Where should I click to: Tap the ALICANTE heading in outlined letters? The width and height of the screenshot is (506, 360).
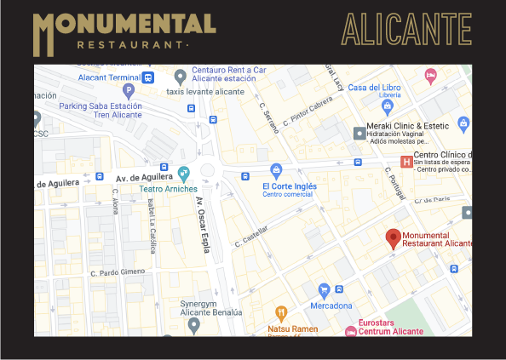click(x=406, y=30)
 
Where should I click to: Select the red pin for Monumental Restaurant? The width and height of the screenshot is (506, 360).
click(x=393, y=238)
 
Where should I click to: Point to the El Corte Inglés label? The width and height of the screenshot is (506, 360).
click(x=289, y=186)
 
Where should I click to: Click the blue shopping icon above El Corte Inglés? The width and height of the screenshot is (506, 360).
click(x=275, y=170)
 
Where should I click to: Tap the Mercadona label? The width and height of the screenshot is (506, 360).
click(x=331, y=306)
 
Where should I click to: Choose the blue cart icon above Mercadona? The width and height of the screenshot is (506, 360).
click(x=324, y=290)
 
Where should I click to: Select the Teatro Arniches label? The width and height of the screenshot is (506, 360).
click(x=169, y=188)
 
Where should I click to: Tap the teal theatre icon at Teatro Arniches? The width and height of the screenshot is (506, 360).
click(x=184, y=173)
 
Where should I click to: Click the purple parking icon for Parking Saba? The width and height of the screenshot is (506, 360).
click(x=129, y=90)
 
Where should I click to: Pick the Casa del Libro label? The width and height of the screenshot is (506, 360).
click(x=374, y=88)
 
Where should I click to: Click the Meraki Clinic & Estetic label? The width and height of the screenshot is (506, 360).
click(x=412, y=126)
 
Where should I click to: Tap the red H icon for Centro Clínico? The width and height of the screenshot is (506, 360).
click(x=405, y=162)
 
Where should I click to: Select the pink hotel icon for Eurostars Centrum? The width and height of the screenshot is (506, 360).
click(x=350, y=331)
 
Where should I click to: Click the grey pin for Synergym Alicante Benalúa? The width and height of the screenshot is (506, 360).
click(x=194, y=324)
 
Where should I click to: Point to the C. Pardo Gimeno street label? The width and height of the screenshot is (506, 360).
click(x=117, y=272)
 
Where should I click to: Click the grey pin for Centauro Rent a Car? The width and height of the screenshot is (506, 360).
click(x=181, y=77)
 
